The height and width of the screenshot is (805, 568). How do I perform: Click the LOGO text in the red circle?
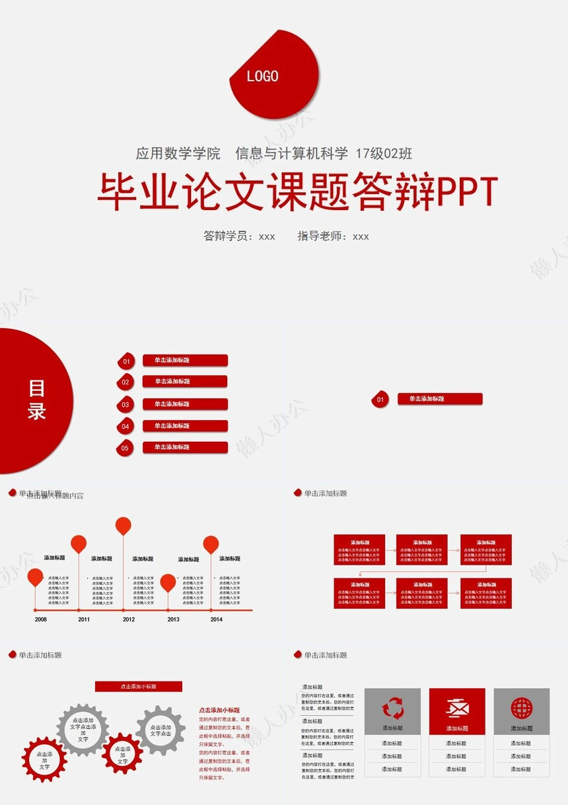click(x=262, y=76)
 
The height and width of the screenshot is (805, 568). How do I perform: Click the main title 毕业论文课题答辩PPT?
click(x=297, y=192)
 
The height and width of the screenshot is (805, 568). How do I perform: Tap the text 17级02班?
click(x=384, y=154)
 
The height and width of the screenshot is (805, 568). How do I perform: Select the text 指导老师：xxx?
click(x=333, y=236)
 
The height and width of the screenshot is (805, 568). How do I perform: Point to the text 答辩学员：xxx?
click(x=239, y=236)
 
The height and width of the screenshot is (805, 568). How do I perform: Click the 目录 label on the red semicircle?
click(x=36, y=400)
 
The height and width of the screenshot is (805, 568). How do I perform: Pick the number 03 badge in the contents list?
click(x=125, y=405)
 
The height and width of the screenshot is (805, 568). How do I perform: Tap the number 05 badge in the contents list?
click(x=125, y=448)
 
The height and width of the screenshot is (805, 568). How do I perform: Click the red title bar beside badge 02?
click(x=185, y=381)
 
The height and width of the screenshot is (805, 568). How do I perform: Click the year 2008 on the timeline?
click(x=41, y=619)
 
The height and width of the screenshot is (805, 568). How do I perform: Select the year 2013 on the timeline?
click(x=173, y=619)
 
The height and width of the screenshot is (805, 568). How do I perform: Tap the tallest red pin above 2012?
click(x=124, y=526)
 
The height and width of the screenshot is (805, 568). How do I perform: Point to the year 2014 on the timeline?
click(x=217, y=619)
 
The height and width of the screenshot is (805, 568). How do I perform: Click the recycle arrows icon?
click(x=392, y=709)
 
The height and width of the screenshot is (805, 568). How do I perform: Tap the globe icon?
click(x=521, y=709)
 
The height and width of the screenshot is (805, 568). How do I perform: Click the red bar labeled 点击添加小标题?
click(x=139, y=687)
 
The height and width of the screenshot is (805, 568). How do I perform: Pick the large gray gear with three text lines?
click(x=83, y=730)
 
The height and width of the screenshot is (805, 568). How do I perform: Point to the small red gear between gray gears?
click(x=122, y=753)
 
